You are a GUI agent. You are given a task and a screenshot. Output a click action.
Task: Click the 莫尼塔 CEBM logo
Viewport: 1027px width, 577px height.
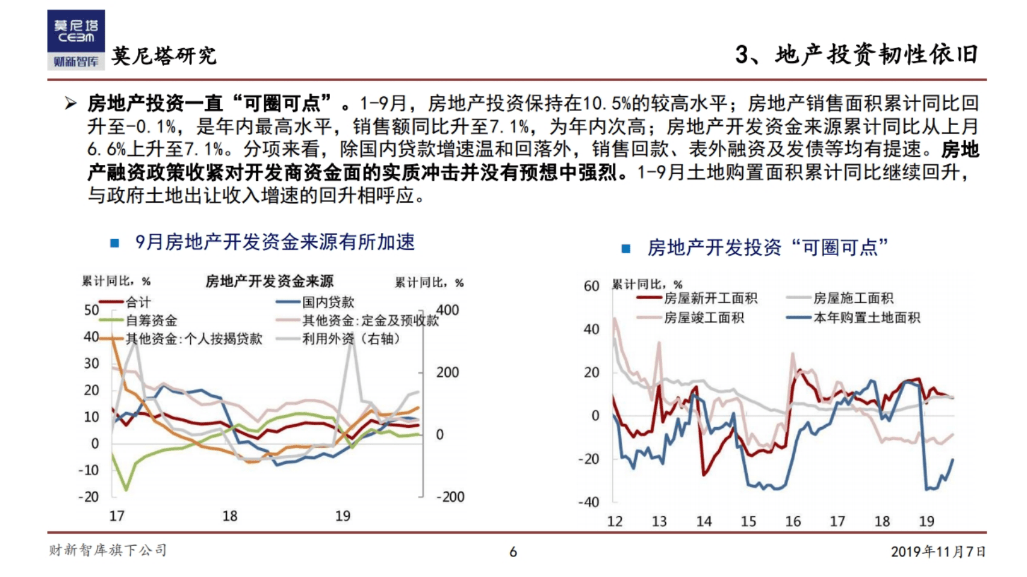pos(76,39)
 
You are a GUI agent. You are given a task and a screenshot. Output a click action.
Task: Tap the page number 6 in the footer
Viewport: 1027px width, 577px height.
pos(513,552)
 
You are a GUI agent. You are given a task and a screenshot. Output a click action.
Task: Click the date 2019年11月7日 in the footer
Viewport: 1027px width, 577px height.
pos(938,551)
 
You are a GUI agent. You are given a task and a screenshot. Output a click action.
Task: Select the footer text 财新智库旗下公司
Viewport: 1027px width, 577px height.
pos(108,550)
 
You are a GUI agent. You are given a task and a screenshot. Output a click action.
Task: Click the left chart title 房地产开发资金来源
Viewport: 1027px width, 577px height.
pos(269,281)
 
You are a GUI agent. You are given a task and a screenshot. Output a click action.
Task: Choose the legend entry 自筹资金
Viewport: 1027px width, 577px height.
pos(151,320)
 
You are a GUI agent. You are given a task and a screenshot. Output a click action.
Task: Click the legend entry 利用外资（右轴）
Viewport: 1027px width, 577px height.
pos(351,339)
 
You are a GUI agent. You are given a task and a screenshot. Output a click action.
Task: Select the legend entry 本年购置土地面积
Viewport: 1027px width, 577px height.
pos(866,317)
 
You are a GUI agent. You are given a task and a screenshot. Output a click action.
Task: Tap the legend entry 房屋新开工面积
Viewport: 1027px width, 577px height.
pos(710,298)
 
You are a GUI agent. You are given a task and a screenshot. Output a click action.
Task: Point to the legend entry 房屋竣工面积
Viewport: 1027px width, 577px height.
pos(704,317)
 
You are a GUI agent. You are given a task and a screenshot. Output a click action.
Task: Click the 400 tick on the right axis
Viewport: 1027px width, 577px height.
pos(447,310)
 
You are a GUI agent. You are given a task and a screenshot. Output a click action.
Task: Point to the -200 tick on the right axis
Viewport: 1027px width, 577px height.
pos(450,497)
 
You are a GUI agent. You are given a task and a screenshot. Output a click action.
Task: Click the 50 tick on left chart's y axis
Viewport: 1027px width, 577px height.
pos(92,310)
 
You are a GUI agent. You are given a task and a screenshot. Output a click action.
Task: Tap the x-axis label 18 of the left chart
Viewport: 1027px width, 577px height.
pos(230,516)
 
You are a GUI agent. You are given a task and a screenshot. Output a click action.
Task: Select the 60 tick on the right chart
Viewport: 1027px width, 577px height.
pos(591,286)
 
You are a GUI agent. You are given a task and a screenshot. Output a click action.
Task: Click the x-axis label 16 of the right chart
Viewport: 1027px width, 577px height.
pos(793,521)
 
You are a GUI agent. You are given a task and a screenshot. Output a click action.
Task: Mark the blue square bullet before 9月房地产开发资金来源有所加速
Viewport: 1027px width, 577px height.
pos(115,243)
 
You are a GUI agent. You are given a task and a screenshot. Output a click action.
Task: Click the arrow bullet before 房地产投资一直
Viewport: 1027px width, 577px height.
pos(70,103)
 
